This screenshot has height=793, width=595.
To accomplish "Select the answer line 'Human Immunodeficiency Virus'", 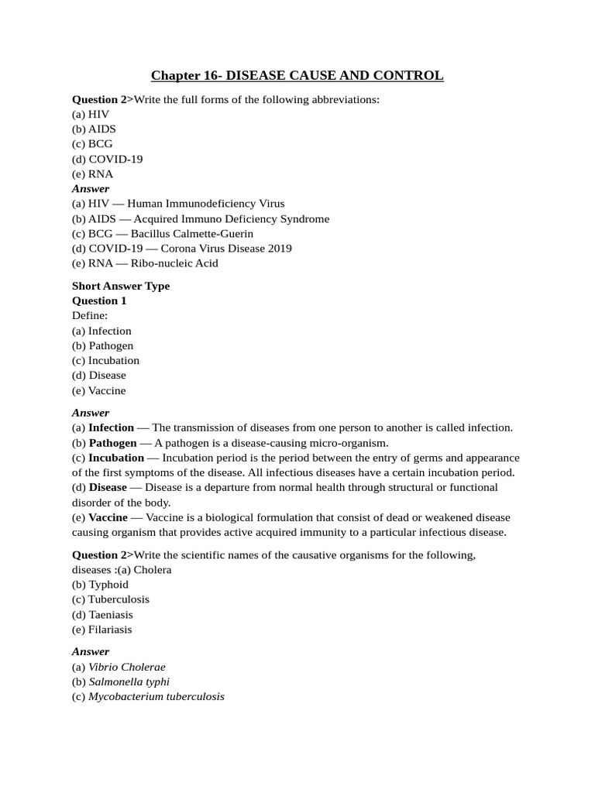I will point(201,204).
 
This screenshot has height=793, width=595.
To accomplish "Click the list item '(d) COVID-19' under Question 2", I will point(107,159).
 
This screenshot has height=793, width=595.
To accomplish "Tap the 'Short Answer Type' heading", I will point(121,286).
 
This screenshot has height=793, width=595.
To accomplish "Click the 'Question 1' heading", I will point(99,300).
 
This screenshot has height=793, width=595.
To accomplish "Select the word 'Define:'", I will point(91,316).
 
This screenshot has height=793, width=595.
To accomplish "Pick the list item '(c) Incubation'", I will point(105,360).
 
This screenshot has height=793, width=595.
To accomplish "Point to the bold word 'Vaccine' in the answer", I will point(108,517).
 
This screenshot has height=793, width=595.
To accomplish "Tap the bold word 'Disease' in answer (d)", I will point(108,487).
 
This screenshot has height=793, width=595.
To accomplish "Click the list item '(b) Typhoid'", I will point(100,585).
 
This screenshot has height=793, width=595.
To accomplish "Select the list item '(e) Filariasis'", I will point(102,630).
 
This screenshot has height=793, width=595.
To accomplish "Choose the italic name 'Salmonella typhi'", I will point(129,681).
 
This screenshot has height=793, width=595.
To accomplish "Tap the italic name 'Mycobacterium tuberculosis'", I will point(156,696).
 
